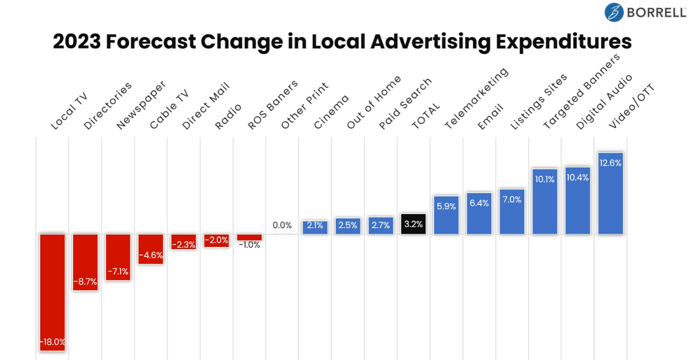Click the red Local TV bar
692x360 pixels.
[52, 288]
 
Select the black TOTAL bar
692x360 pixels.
[413, 224]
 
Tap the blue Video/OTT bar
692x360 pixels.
[611, 193]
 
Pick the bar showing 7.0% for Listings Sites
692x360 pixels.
[512, 212]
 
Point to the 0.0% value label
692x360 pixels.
[282, 226]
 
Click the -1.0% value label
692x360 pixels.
[249, 245]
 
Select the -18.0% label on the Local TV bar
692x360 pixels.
[52, 342]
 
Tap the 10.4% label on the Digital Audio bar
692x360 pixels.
[578, 178]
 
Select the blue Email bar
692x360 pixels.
[479, 213]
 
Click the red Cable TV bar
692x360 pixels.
[151, 249]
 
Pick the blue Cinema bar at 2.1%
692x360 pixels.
[315, 227]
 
